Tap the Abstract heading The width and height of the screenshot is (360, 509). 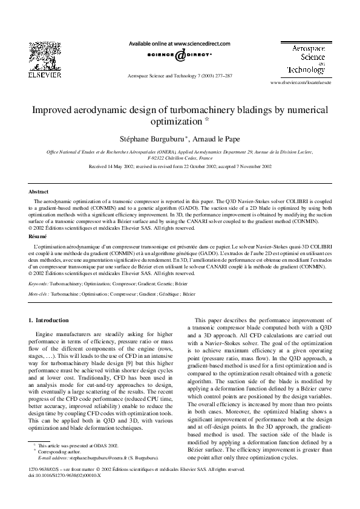pyautogui.click(x=39, y=192)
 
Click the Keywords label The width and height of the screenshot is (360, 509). pyautogui.click(x=39, y=282)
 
